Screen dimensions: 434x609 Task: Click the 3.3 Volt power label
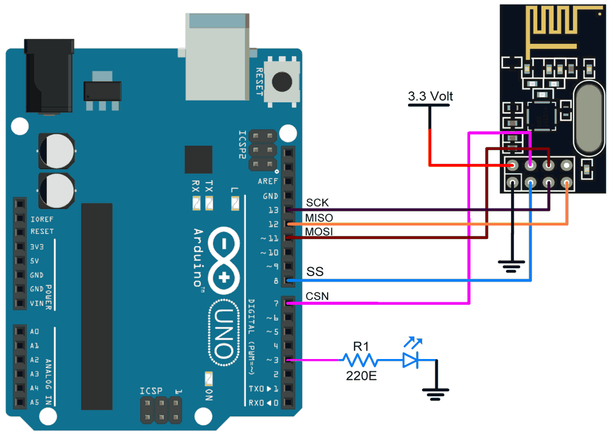[431, 96]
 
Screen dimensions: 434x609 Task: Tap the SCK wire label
[317, 203]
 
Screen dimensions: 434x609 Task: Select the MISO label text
[320, 218]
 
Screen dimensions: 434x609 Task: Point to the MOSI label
[320, 233]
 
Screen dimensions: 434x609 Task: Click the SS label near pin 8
[315, 271]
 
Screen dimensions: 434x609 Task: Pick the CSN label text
[318, 296]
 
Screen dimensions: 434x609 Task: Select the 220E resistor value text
[362, 376]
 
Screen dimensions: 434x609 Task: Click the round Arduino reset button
[282, 81]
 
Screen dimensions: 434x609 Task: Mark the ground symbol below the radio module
[512, 265]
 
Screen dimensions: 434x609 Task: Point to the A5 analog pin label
[34, 402]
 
